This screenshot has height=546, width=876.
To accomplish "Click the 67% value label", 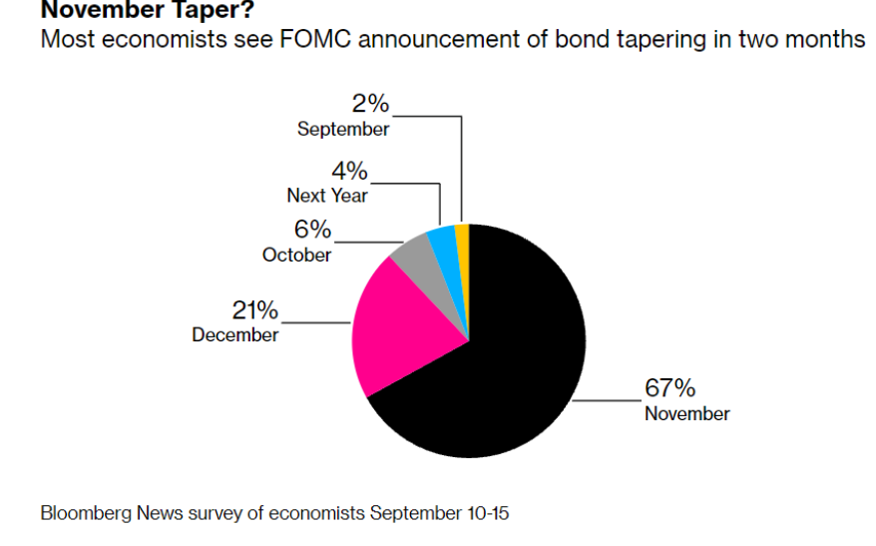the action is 669,388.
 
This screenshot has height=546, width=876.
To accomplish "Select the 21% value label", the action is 254,310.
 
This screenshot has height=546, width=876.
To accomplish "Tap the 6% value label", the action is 313,230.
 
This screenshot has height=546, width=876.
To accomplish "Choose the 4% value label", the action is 350,171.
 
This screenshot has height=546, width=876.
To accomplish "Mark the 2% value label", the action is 370,104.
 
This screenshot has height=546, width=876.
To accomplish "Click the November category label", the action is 687,414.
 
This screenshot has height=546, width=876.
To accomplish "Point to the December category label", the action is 235,334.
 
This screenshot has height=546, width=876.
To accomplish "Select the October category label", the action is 296,255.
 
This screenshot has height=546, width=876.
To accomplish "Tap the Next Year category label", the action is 327,196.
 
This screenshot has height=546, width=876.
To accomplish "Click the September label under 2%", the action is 343,129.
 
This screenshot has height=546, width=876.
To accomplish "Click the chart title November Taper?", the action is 148,9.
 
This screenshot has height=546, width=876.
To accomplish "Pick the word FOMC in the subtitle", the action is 315,40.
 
